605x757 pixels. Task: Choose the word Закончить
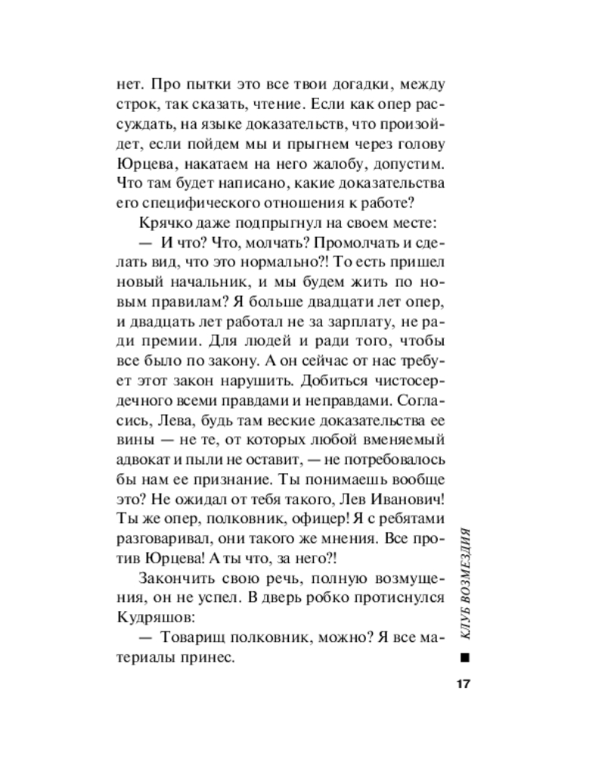click(174, 578)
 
